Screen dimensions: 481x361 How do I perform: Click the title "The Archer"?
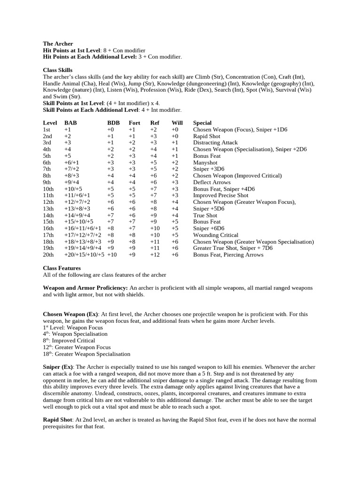pos(58,44)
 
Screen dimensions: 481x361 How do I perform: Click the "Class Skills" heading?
pos(57,70)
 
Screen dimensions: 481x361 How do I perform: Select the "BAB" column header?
pos(71,123)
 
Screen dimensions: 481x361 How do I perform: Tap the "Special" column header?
pos(202,123)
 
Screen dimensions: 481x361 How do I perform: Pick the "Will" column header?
pos(177,123)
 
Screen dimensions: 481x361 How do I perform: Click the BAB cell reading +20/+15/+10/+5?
pos(84,255)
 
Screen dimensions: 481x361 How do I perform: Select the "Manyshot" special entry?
pos(206,163)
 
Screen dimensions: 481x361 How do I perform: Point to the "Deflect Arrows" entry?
pos(212,182)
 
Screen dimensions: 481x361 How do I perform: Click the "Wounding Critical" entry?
pos(215,235)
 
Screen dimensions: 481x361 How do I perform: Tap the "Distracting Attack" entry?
pos(215,143)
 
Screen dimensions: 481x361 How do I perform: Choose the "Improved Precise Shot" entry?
pos(220,195)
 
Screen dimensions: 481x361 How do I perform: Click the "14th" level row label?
pos(48,215)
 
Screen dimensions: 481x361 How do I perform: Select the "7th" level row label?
pos(47,169)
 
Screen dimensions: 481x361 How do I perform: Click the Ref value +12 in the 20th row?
pos(155,255)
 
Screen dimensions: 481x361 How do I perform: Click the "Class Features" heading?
pos(62,268)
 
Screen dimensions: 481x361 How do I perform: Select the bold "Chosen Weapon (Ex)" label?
pos(70,314)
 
